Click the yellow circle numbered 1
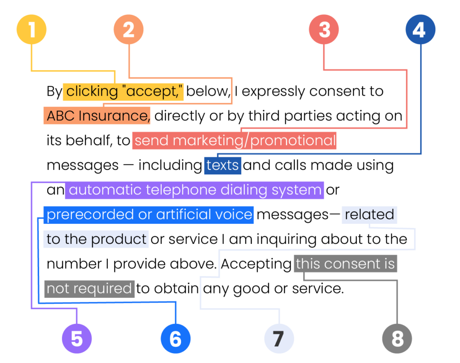(31, 30)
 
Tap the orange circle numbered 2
(128, 30)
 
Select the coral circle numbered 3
(324, 30)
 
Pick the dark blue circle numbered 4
(420, 30)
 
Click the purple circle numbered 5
(77, 338)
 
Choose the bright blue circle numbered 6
(176, 338)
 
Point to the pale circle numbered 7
(279, 338)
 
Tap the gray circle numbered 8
(397, 338)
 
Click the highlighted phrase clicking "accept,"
(123, 92)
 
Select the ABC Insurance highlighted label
(97, 116)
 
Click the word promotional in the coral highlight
(293, 141)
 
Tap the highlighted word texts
(222, 165)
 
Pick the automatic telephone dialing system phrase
(195, 190)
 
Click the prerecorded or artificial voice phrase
(149, 215)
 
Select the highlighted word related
(369, 215)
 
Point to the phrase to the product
(96, 239)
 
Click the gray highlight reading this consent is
(345, 264)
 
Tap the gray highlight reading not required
(89, 288)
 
